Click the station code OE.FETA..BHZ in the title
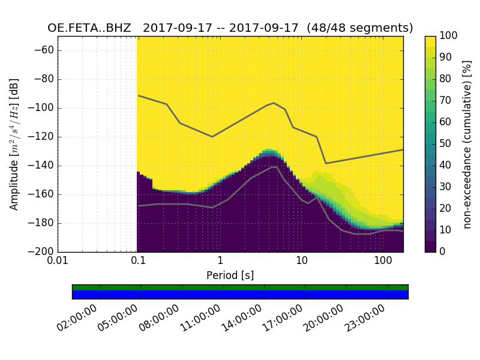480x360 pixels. coord(89,28)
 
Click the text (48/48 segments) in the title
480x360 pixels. coord(367,28)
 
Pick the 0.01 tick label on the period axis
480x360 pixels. coord(58,262)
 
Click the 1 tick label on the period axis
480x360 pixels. coord(220,262)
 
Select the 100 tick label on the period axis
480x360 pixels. coord(383,262)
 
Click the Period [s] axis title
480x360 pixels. coord(230,275)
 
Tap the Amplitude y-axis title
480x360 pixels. coord(14,144)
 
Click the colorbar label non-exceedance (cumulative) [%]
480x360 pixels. coord(468,144)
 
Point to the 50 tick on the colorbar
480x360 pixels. coord(445,144)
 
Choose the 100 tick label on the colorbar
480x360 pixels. coord(449,36)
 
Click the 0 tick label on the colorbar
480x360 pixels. coord(443,252)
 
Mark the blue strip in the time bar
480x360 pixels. coord(240,295)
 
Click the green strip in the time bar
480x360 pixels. coord(240,287)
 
